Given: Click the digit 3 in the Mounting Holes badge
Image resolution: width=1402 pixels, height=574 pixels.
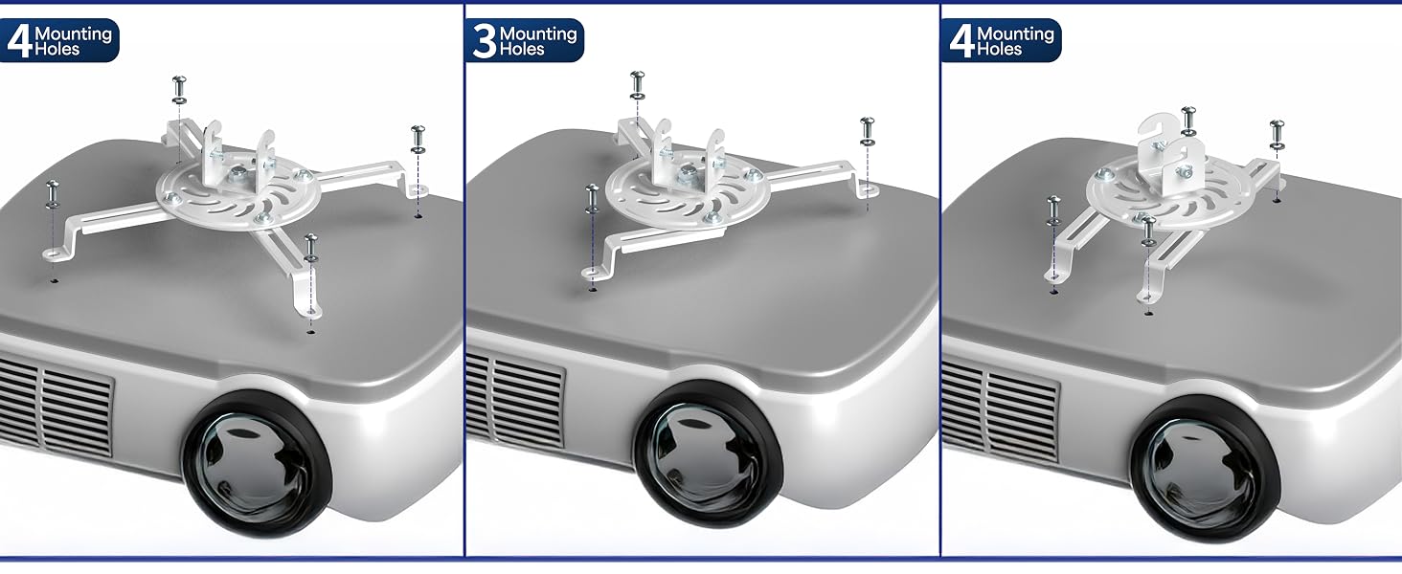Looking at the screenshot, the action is (x=485, y=41).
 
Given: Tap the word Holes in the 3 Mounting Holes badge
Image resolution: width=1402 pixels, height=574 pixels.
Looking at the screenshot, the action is (x=522, y=50).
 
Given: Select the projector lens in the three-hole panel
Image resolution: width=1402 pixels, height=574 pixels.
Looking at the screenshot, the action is (x=708, y=453).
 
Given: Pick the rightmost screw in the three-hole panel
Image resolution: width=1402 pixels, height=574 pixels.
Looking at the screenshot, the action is (x=867, y=132).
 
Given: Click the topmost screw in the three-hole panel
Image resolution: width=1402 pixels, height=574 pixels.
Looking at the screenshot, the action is (x=637, y=85).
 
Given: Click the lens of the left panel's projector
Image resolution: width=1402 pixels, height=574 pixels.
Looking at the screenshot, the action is (x=257, y=463).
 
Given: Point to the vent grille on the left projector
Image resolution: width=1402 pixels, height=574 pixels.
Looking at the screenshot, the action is (x=57, y=405).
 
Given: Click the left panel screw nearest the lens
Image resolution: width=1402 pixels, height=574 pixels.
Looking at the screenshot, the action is (x=310, y=248).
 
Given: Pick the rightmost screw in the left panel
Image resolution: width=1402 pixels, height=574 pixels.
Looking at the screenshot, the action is (x=418, y=140).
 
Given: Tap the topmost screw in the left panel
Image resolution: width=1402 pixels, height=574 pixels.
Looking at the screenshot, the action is (x=179, y=90).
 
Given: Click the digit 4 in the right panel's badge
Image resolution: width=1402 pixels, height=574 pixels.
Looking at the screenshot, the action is (x=961, y=41).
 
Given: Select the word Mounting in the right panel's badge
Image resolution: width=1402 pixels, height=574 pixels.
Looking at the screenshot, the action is (x=1015, y=33).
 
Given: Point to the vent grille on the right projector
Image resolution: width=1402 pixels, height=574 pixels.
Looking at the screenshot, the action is (x=1000, y=409).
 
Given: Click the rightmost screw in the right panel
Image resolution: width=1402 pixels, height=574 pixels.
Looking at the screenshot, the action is (x=1277, y=135).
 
